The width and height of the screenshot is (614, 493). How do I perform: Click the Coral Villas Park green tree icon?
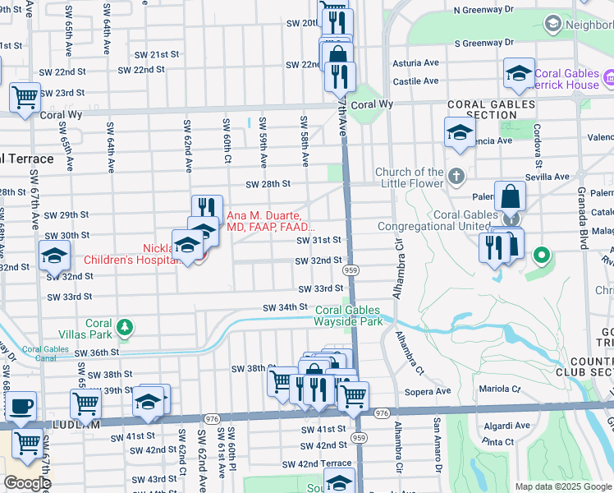click(x=124, y=328)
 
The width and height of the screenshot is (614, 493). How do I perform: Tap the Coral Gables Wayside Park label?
click(x=349, y=316)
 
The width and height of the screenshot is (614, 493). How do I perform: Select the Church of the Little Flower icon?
click(x=456, y=176)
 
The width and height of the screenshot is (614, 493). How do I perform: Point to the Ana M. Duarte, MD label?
click(x=269, y=220)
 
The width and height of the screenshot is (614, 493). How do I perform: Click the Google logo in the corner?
click(x=26, y=483)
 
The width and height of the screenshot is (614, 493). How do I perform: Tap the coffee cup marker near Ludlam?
click(x=21, y=406)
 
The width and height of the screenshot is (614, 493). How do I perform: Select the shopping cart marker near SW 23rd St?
click(x=25, y=97)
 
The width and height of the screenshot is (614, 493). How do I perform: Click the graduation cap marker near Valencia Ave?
click(x=460, y=132)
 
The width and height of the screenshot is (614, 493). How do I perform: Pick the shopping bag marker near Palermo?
click(x=510, y=197)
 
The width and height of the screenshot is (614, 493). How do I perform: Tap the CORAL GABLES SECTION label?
click(x=492, y=110)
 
